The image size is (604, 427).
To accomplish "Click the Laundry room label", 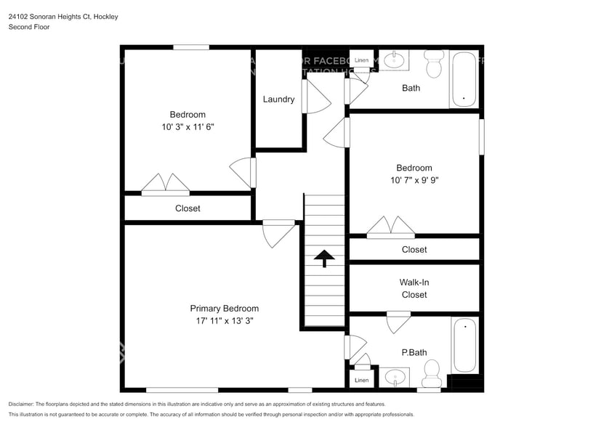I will pyautogui.click(x=278, y=99).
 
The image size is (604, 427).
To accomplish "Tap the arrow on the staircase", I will pyautogui.click(x=324, y=257).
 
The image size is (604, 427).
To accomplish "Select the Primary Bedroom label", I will pyautogui.click(x=224, y=309).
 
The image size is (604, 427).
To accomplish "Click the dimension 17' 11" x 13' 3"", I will pyautogui.click(x=224, y=320).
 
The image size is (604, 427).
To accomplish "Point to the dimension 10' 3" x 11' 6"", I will pyautogui.click(x=188, y=126).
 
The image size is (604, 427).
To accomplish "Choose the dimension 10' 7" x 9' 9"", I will pyautogui.click(x=414, y=179).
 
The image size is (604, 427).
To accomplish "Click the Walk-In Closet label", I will pyautogui.click(x=414, y=288).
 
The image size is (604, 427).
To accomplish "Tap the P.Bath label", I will pyautogui.click(x=414, y=353).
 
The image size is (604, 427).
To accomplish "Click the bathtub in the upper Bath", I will pyautogui.click(x=464, y=79).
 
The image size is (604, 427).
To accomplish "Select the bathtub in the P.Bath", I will pyautogui.click(x=464, y=346).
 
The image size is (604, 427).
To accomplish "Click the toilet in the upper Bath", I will pyautogui.click(x=434, y=65).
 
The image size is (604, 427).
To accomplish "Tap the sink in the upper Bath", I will pyautogui.click(x=395, y=60).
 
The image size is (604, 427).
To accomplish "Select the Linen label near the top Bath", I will pyautogui.click(x=361, y=60).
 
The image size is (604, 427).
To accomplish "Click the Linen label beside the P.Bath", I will pyautogui.click(x=361, y=380).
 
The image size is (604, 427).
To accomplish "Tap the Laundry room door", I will pyautogui.click(x=314, y=97).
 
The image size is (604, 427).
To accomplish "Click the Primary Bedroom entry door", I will pyautogui.click(x=278, y=232).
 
